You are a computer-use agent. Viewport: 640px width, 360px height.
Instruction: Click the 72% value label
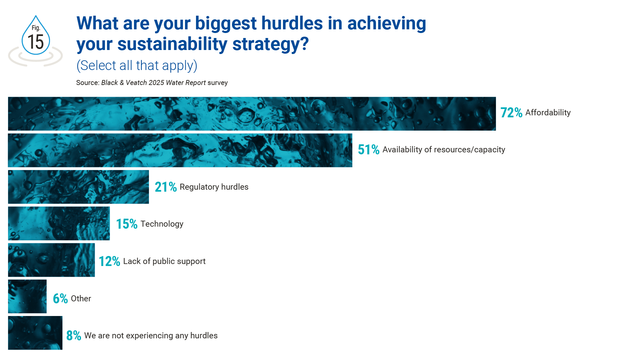(x=511, y=113)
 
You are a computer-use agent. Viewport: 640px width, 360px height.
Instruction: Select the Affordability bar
(x=252, y=114)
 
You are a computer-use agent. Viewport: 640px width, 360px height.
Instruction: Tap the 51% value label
(x=369, y=150)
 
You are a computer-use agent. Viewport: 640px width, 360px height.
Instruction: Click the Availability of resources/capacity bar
(x=180, y=150)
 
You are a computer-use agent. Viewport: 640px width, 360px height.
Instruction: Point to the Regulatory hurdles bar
(x=78, y=187)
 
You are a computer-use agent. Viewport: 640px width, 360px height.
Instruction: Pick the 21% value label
(x=166, y=187)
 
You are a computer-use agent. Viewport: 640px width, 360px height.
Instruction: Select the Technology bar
(x=59, y=223)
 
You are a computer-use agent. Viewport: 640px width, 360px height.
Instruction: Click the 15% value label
(x=127, y=224)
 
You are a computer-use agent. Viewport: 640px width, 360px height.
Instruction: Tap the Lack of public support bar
(x=51, y=260)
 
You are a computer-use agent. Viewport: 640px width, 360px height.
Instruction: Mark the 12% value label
(x=109, y=261)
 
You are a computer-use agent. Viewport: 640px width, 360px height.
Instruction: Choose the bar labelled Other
(x=27, y=296)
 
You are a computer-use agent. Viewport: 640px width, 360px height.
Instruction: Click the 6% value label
(x=60, y=299)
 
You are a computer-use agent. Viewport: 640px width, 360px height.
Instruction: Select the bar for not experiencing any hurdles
(x=35, y=333)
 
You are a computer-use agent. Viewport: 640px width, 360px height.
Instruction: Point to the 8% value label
(x=74, y=336)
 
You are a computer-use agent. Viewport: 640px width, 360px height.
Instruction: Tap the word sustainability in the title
(x=172, y=44)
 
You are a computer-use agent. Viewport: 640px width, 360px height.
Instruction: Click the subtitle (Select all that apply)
(x=137, y=66)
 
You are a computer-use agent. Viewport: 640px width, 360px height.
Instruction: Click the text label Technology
(x=162, y=224)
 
